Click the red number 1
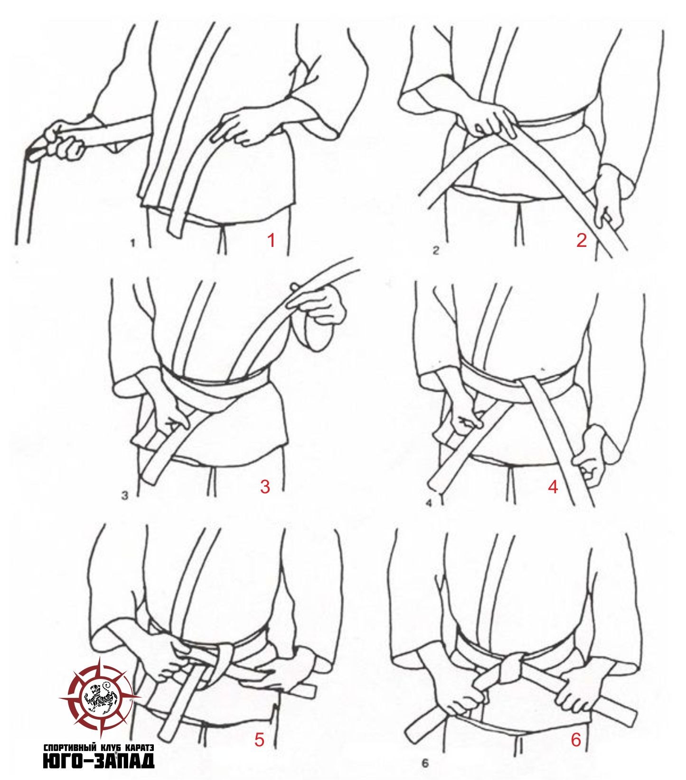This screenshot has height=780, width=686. [x=271, y=241]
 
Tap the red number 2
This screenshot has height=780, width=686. [x=582, y=241]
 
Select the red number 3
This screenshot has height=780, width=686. [x=265, y=486]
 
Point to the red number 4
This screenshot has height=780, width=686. [x=553, y=486]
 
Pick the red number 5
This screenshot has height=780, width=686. [x=259, y=740]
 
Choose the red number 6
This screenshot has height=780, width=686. [x=576, y=740]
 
